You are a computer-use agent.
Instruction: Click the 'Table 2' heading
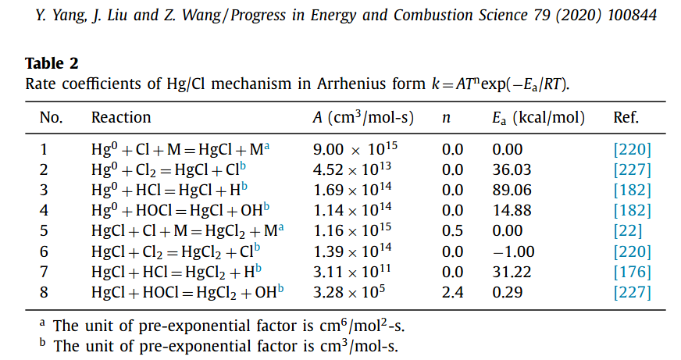pyautogui.click(x=52, y=63)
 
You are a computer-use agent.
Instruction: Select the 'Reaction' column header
pyautogui.click(x=121, y=118)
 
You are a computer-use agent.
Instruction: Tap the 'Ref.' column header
pyautogui.click(x=626, y=118)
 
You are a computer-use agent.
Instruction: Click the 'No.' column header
pyautogui.click(x=51, y=118)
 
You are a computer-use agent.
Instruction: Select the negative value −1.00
pyautogui.click(x=513, y=251)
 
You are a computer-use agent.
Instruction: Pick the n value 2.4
pyautogui.click(x=452, y=292)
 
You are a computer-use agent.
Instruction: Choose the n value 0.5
pyautogui.click(x=452, y=231)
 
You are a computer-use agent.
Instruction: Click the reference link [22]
pyautogui.click(x=628, y=231)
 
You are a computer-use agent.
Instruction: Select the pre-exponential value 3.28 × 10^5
pyautogui.click(x=350, y=292)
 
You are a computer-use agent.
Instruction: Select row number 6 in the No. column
pyautogui.click(x=45, y=251)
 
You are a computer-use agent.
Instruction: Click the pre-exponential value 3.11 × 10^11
pyautogui.click(x=353, y=272)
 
